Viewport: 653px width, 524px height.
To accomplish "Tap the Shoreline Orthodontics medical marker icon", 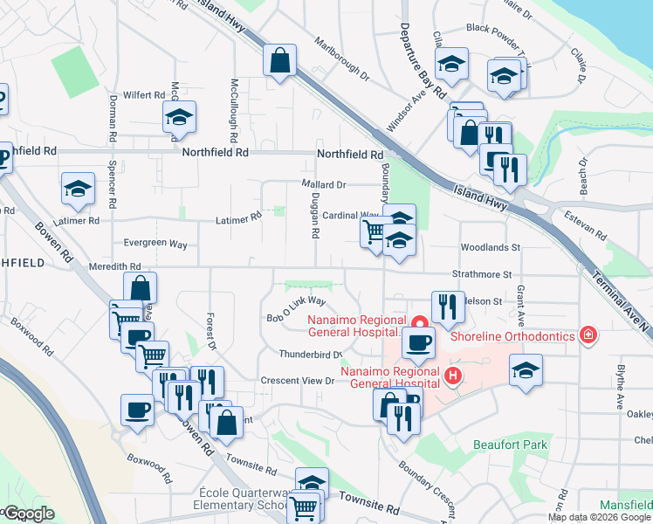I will click(588, 335).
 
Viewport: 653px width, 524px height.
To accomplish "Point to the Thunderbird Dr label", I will click(310, 354).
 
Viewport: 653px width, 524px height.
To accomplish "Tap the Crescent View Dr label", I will click(298, 381).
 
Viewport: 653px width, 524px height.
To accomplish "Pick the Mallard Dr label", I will click(324, 185).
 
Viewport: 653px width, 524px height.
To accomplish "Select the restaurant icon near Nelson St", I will click(447, 306).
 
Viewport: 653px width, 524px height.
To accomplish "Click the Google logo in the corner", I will click(28, 514).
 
